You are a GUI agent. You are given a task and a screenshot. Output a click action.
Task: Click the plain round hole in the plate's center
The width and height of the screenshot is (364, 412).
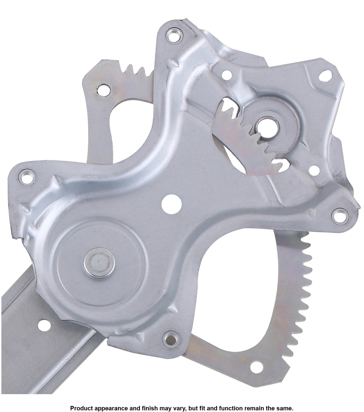[172, 204]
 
